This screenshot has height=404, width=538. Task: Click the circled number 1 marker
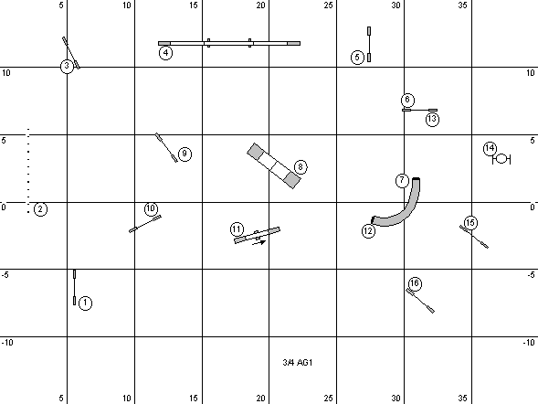pos(85,303)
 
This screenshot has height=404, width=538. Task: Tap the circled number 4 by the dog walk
pos(165,53)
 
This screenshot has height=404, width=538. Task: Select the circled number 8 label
pos(301,167)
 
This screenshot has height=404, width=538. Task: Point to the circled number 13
pos(432,119)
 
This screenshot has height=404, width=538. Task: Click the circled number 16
pos(415,283)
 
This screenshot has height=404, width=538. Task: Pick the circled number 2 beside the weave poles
pos(40,209)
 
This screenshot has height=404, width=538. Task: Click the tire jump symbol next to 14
pos(501,159)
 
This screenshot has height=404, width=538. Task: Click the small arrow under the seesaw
pos(259,243)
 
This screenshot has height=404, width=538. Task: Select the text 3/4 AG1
pos(298,363)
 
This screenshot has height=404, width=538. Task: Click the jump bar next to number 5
pos(369,44)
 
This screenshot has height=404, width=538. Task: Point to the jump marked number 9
pos(166,147)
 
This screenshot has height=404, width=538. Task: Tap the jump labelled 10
pos(145,224)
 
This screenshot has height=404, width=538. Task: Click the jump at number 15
pos(474,237)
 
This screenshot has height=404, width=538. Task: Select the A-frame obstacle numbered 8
pos(274,165)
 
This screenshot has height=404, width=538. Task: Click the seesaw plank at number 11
pos(257,235)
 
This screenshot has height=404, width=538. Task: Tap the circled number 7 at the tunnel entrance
pos(402,181)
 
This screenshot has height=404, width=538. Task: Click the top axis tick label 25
pos(328,5)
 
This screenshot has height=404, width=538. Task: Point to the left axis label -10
pos(7,343)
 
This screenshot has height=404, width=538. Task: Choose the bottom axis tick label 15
pos(194,399)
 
